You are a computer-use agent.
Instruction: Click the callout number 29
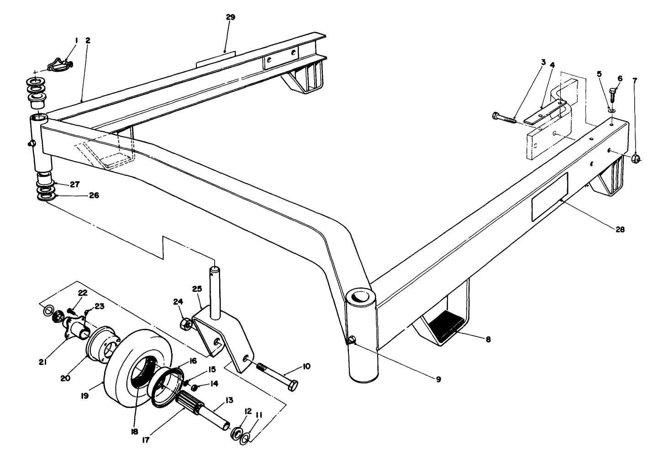pyautogui.click(x=231, y=17)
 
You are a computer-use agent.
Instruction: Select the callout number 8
pyautogui.click(x=488, y=339)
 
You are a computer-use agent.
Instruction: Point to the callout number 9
pyautogui.click(x=438, y=379)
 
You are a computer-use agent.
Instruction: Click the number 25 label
pyautogui.click(x=197, y=290)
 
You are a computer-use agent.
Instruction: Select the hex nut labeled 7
pyautogui.click(x=635, y=159)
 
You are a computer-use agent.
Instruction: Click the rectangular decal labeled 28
pyautogui.click(x=549, y=197)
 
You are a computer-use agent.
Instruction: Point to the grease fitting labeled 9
pyautogui.click(x=352, y=340)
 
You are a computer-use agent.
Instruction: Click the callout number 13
pyautogui.click(x=229, y=401)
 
